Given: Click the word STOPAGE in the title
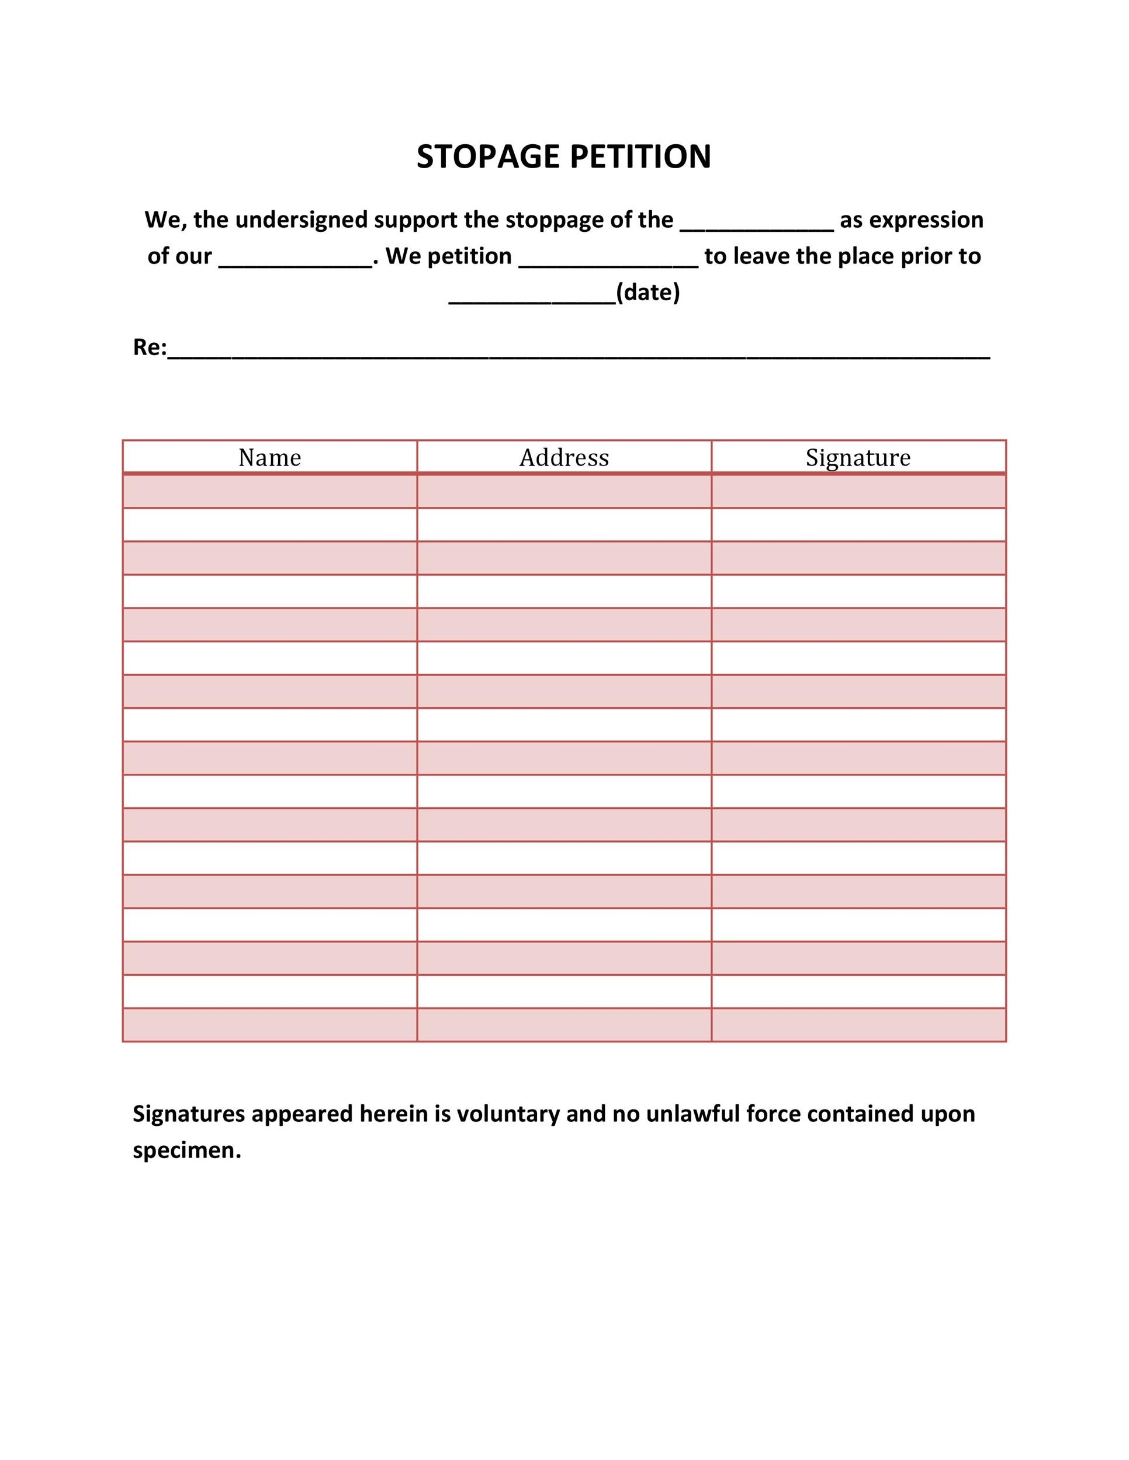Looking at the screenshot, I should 489,157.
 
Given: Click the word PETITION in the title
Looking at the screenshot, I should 640,157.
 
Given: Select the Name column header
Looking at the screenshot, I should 269,458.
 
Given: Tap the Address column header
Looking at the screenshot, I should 564,458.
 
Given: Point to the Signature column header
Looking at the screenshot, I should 857,458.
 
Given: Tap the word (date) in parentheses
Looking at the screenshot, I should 647,293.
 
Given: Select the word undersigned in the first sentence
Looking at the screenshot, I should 301,220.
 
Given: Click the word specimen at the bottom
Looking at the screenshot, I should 186,1150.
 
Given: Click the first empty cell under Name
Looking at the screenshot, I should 269,492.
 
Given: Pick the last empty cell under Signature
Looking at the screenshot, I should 858,1025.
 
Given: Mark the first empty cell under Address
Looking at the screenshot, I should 564,492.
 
